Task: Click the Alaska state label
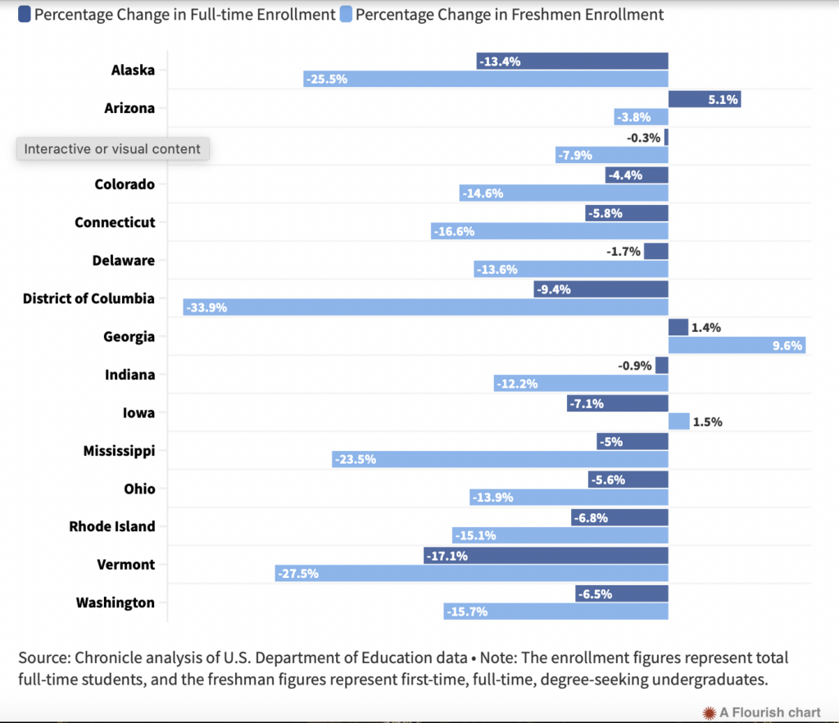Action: pyautogui.click(x=133, y=70)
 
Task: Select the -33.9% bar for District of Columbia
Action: pyautogui.click(x=425, y=307)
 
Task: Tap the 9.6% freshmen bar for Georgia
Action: pyautogui.click(x=737, y=346)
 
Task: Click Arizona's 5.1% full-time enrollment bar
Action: pyautogui.click(x=704, y=99)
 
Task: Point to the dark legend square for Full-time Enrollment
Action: pyautogui.click(x=24, y=14)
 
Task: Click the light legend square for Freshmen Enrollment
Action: pyautogui.click(x=345, y=14)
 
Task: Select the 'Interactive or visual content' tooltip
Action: pyautogui.click(x=112, y=148)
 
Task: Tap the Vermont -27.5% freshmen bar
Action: pyautogui.click(x=471, y=573)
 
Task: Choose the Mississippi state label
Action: pyautogui.click(x=119, y=450)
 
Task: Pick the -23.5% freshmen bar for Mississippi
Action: pyautogui.click(x=500, y=459)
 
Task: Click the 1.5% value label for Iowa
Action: pyautogui.click(x=708, y=421)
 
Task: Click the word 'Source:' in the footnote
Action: pyautogui.click(x=43, y=657)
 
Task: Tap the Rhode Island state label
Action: pyautogui.click(x=111, y=526)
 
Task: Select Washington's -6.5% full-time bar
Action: pyautogui.click(x=621, y=593)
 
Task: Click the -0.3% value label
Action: pyautogui.click(x=644, y=137)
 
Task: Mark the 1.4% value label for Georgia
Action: pyautogui.click(x=707, y=327)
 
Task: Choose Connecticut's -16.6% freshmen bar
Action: pyautogui.click(x=549, y=231)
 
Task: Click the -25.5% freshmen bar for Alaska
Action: pyautogui.click(x=485, y=79)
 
